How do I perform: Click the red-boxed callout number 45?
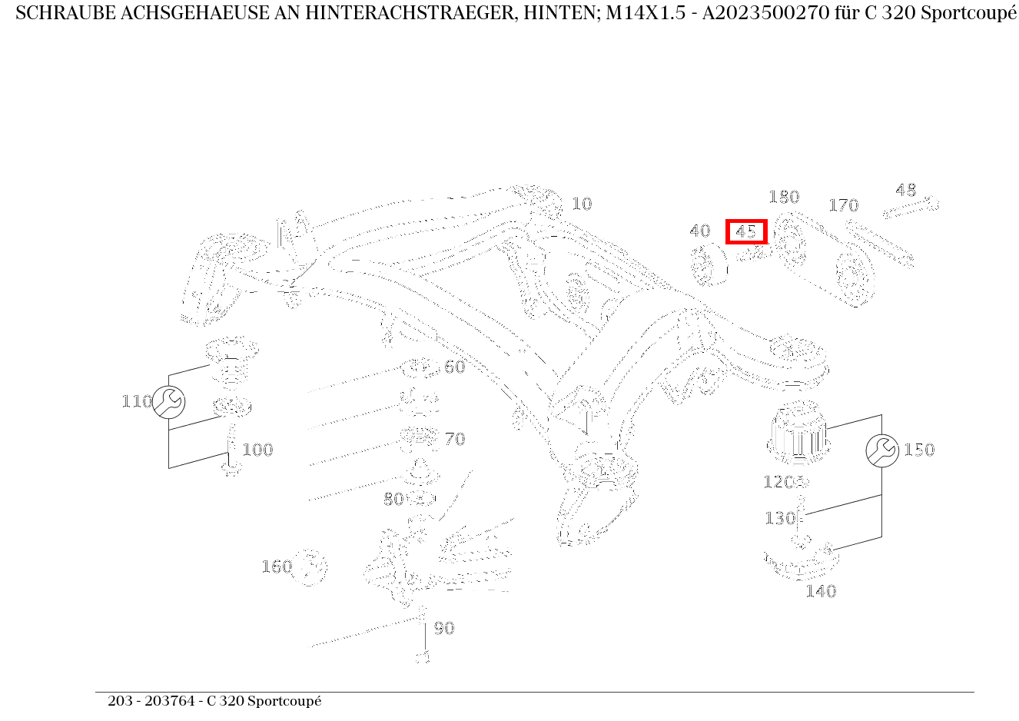pos(746,231)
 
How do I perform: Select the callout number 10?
pos(582,204)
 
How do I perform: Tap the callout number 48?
pos(906,190)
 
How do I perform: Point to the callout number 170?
pos(843,205)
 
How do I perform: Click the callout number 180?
pos(784,198)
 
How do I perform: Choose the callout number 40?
pos(699,231)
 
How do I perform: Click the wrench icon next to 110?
pos(168,402)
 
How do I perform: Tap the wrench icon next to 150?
pos(881,450)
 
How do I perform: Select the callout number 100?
pos(257,450)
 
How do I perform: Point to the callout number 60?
pos(455,367)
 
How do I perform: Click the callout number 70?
pos(455,439)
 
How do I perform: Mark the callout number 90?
pos(444,628)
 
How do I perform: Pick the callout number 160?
pos(276,566)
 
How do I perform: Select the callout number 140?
pos(820,591)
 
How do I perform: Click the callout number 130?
pos(778,518)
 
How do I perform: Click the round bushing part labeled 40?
pos(709,264)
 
